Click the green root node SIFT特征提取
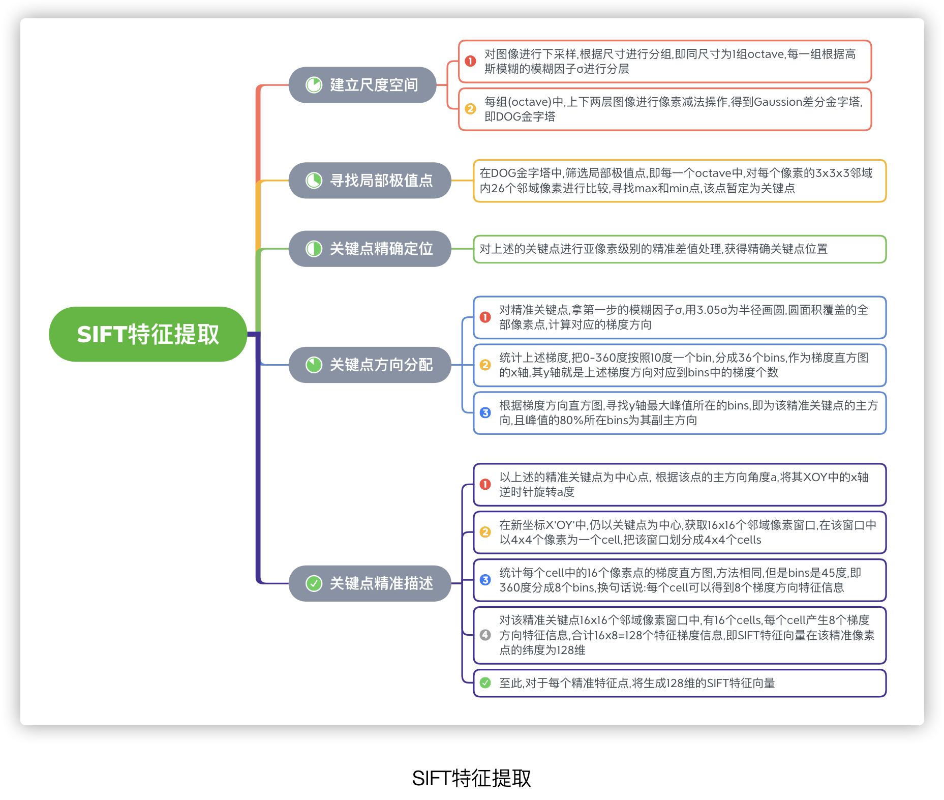click(x=147, y=334)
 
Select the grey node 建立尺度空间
click(x=362, y=85)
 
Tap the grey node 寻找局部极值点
click(x=370, y=181)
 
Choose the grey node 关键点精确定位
click(x=370, y=249)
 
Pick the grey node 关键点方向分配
click(x=370, y=365)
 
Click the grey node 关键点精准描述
click(x=370, y=583)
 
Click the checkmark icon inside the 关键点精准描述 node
click(x=314, y=583)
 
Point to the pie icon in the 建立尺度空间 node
click(x=314, y=85)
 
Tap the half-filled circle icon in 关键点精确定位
click(x=314, y=249)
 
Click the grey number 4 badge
click(x=485, y=635)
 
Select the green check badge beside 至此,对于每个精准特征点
click(x=485, y=683)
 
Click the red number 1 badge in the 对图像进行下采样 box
click(x=470, y=61)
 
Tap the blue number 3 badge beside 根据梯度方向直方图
click(x=485, y=412)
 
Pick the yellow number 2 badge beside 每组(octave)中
click(x=470, y=109)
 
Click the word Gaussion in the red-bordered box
click(x=777, y=102)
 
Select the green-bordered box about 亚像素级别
click(x=679, y=249)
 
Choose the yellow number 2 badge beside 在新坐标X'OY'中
click(x=485, y=532)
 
